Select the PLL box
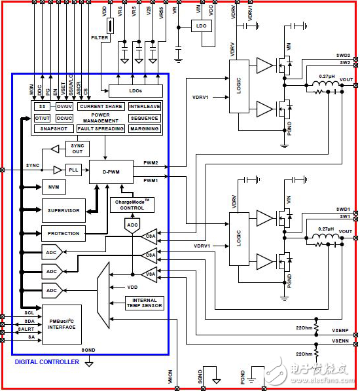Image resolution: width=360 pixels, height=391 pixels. click(x=73, y=170)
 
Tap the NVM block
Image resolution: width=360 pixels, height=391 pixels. click(x=53, y=187)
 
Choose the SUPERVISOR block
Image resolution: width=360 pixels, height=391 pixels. click(x=63, y=210)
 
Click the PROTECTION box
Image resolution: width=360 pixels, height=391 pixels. click(x=63, y=233)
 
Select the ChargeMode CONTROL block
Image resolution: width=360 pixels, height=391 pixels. click(x=132, y=204)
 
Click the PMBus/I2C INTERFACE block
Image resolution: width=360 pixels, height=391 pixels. click(x=62, y=324)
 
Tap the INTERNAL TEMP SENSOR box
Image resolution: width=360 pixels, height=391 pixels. click(x=144, y=303)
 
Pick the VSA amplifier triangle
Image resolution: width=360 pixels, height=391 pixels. click(x=151, y=274)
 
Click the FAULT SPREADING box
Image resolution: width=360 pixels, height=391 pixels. click(x=100, y=129)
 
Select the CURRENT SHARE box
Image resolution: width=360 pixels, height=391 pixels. click(x=100, y=106)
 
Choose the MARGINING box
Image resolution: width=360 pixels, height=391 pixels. click(x=144, y=129)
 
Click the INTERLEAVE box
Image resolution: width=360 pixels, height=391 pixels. click(x=144, y=106)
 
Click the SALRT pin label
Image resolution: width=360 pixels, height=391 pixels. click(x=25, y=329)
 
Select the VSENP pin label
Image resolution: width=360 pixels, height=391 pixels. click(x=340, y=332)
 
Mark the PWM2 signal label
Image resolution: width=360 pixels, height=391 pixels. click(x=151, y=162)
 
